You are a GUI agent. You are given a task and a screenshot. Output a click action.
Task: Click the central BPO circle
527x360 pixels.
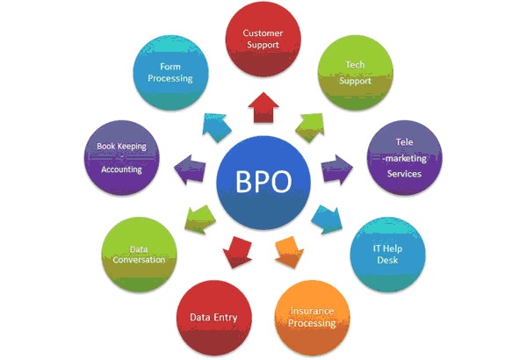pos(263,183)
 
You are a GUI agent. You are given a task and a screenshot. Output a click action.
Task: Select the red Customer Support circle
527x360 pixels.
pos(263,39)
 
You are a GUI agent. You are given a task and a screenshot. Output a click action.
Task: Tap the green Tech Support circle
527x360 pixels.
pos(355,73)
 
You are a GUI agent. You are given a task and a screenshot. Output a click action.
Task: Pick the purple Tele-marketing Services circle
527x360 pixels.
pos(404,158)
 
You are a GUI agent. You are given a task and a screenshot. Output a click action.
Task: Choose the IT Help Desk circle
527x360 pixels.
pos(387,255)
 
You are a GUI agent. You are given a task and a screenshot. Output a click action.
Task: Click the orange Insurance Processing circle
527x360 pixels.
pos(312,318)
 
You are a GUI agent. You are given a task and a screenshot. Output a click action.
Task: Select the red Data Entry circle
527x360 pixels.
pos(213,318)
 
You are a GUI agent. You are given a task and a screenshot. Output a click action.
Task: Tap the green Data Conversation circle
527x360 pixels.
pos(139,255)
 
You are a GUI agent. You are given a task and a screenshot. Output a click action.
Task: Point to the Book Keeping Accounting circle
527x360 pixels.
pos(122,158)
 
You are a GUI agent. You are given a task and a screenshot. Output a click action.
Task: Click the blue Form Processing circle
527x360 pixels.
pos(170,73)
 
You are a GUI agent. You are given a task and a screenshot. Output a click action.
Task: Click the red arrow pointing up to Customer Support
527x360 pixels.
pos(263,108)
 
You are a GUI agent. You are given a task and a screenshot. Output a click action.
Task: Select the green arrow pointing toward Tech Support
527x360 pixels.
pos(310,127)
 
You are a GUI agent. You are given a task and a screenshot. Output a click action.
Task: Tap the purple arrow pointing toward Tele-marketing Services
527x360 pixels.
pos(337,169)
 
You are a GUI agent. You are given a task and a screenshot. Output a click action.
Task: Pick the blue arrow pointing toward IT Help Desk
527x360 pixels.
pos(327,220)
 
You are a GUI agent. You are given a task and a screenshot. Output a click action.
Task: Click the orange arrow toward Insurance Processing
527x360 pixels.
pos(289,252)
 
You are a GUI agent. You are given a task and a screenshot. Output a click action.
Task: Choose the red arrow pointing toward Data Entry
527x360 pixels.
pos(238,252)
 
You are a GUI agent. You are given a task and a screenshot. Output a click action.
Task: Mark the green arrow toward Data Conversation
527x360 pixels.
pos(200,220)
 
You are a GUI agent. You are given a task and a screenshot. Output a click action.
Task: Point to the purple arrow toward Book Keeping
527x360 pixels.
pos(190,169)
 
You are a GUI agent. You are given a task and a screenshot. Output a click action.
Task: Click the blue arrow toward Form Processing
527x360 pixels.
pos(217,127)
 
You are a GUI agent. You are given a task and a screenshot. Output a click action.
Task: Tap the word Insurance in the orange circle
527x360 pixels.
pos(312,311)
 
